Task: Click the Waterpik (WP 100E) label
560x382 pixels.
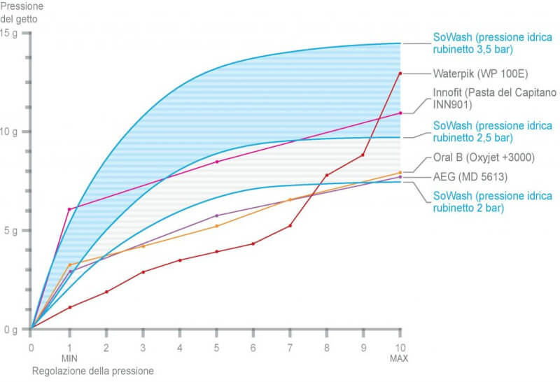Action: [x=471, y=73]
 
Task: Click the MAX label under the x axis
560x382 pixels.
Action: [x=400, y=358]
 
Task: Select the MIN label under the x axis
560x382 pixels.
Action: [x=69, y=358]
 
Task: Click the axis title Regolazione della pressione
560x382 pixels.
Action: [x=92, y=371]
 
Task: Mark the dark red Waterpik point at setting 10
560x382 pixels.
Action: [x=400, y=73]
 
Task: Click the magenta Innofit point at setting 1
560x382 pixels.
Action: [x=69, y=209]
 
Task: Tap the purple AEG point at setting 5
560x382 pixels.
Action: [x=216, y=215]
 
